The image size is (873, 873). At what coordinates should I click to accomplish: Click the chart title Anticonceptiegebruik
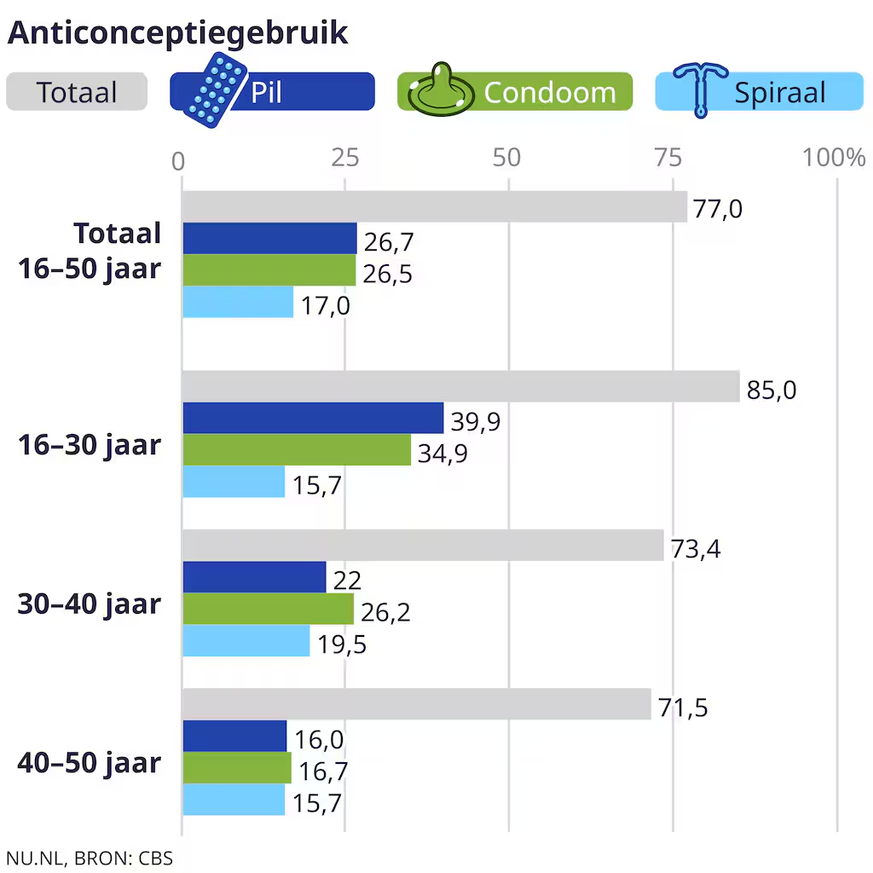pyautogui.click(x=177, y=32)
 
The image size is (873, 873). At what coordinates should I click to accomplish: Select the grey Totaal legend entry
pyautogui.click(x=77, y=92)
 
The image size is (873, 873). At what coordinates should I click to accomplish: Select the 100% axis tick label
pyautogui.click(x=833, y=158)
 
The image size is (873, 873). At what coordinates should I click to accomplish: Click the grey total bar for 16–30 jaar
pyautogui.click(x=460, y=386)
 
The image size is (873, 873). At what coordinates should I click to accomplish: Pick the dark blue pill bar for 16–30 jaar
pyautogui.click(x=313, y=419)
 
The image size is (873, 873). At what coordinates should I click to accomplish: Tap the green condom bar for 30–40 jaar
pyautogui.click(x=268, y=609)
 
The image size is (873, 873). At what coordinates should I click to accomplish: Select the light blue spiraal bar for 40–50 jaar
pyautogui.click(x=234, y=800)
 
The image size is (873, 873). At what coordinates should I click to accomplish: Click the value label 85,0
pyautogui.click(x=771, y=390)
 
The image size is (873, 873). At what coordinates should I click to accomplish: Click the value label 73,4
pyautogui.click(x=695, y=549)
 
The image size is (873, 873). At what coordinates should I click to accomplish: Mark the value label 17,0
pyautogui.click(x=325, y=305)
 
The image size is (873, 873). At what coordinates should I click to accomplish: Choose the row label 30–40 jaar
pyautogui.click(x=90, y=604)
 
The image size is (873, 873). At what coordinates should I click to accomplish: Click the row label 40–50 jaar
pyautogui.click(x=90, y=762)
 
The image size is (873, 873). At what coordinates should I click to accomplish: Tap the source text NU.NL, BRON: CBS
pyautogui.click(x=90, y=857)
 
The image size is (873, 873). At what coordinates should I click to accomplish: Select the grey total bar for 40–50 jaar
pyautogui.click(x=416, y=704)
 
